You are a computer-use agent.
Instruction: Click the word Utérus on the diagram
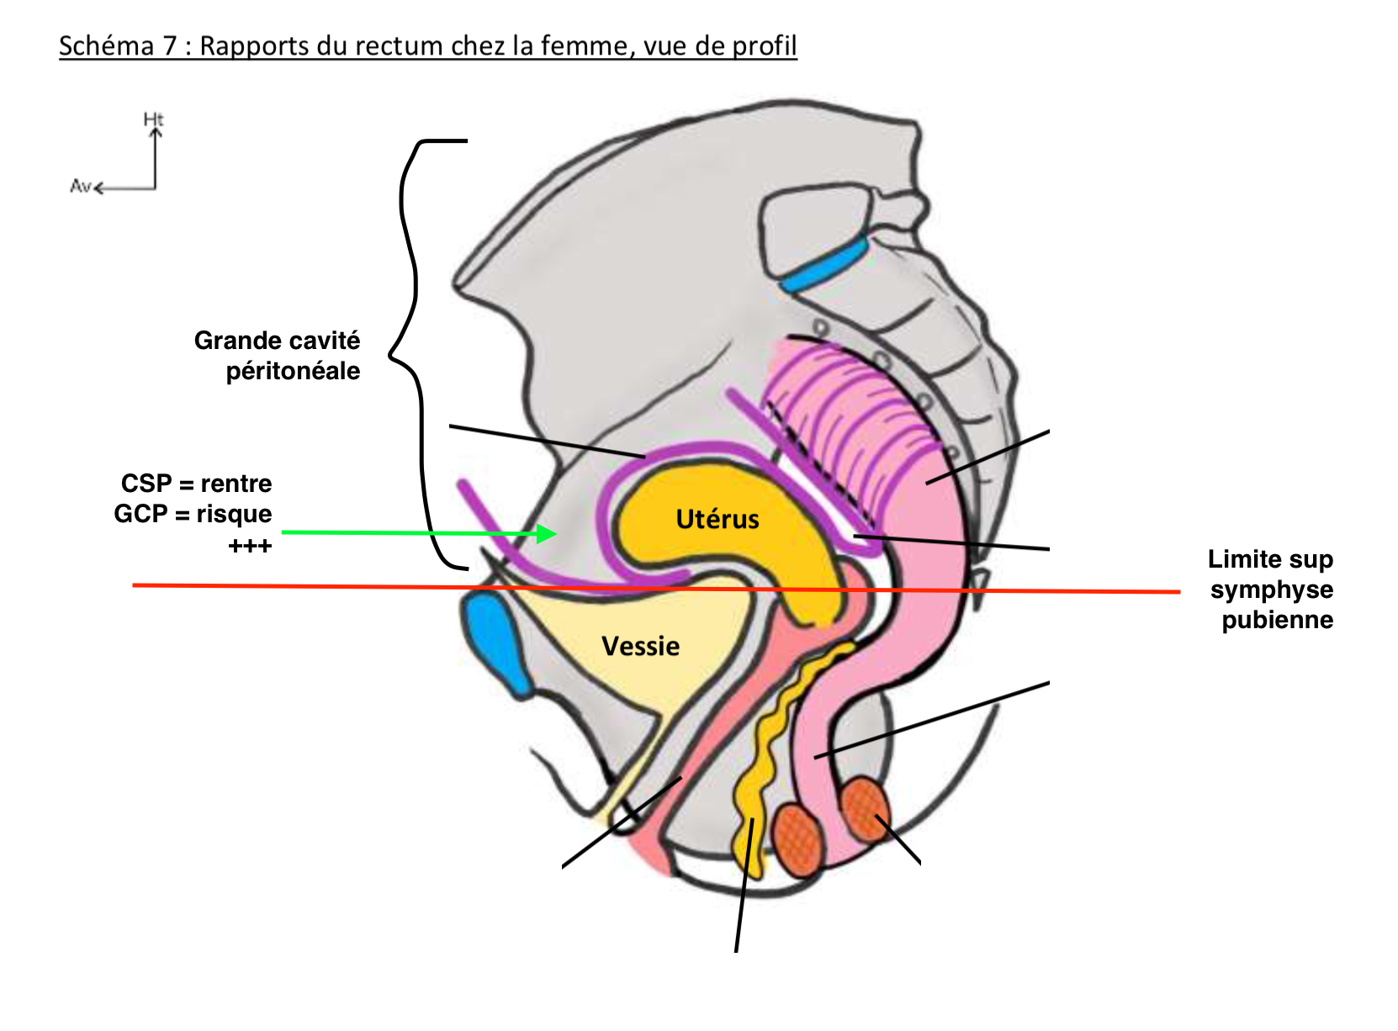[x=718, y=519]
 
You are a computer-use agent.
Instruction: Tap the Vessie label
[x=640, y=646]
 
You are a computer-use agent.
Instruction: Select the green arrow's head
[x=547, y=533]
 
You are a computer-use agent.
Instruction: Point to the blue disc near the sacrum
[x=824, y=265]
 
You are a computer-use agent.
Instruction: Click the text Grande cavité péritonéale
[x=278, y=355]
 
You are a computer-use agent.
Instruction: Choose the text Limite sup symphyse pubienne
[x=1271, y=590]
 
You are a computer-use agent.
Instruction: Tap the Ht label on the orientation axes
[x=153, y=120]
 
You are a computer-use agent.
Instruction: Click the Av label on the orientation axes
[x=80, y=186]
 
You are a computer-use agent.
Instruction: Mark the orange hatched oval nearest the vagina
[x=798, y=839]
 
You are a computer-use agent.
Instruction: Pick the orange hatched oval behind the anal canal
[x=863, y=807]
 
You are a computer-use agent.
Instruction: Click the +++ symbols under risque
[x=250, y=547]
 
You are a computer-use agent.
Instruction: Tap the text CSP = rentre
[x=197, y=484]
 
